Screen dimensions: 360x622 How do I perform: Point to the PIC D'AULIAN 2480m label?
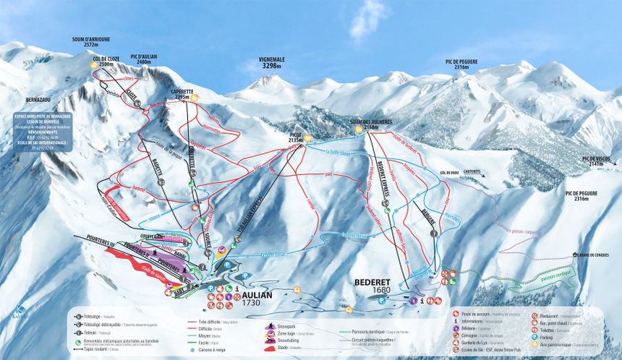pos(145,59)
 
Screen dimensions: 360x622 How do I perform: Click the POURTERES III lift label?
pos(91,236)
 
